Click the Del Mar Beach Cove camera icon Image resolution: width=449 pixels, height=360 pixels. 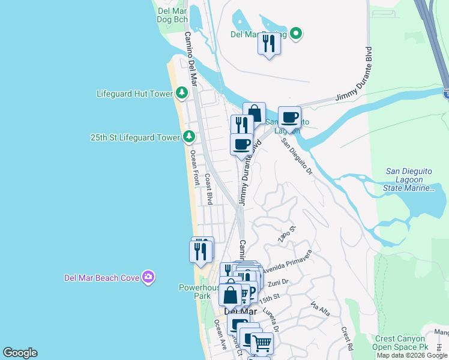click(148, 277)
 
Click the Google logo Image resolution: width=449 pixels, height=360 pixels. click(20, 353)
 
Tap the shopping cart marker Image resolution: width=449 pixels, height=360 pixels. click(262, 344)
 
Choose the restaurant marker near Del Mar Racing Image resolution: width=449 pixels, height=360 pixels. click(269, 44)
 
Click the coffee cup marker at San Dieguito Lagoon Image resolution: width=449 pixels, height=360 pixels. click(289, 118)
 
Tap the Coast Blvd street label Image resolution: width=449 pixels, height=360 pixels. click(208, 189)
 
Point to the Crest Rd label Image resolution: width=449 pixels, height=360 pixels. click(346, 339)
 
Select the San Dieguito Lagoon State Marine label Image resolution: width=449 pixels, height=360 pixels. click(408, 179)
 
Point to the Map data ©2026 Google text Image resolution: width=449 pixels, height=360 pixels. click(412, 356)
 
